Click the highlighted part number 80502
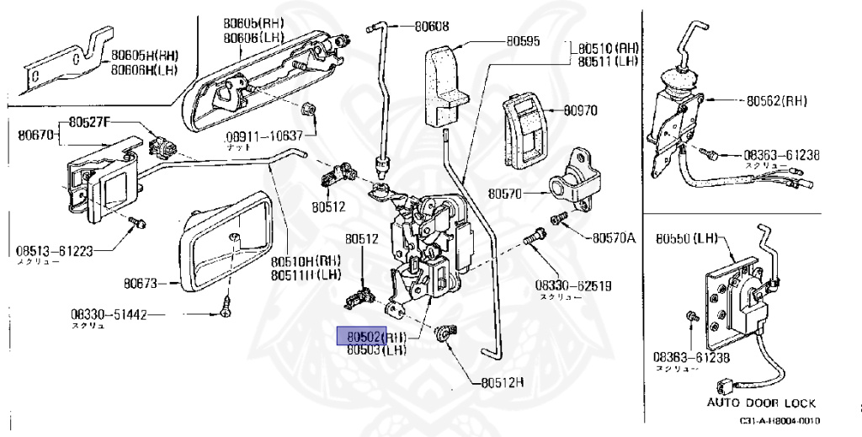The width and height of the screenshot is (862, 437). coord(361,336)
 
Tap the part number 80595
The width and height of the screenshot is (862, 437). coord(523,40)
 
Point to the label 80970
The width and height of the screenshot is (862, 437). coord(580,110)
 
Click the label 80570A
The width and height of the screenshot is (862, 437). coord(614,238)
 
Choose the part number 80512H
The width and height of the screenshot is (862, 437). coord(503,381)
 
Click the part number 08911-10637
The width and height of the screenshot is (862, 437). coord(263,136)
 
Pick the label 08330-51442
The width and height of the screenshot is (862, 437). coord(109,315)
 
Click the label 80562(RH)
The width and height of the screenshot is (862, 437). coord(776,100)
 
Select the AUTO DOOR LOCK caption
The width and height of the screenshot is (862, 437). coord(761,403)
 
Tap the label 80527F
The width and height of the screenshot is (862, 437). coord(90,122)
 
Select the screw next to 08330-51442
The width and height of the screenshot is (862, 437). coord(226,307)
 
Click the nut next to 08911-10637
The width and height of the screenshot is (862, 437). coord(309,109)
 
